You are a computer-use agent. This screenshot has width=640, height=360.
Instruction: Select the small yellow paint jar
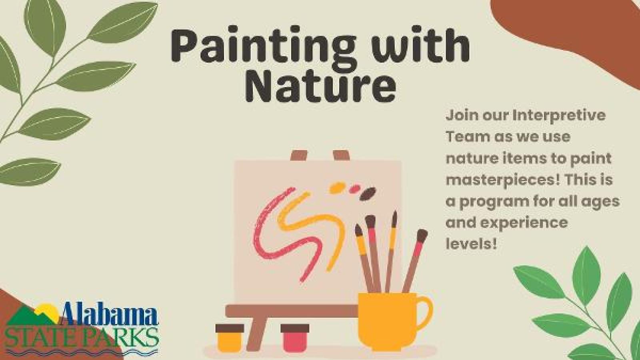coord(230,338)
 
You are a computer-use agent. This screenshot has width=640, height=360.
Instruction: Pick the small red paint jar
coord(294,338)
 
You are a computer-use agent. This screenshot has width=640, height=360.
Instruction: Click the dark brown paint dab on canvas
coord(367,194)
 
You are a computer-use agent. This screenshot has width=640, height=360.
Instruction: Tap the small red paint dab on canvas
coord(354,188)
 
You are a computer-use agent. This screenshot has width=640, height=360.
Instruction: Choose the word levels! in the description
coord(471,244)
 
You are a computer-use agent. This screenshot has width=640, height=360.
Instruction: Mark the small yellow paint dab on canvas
coord(338,188)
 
